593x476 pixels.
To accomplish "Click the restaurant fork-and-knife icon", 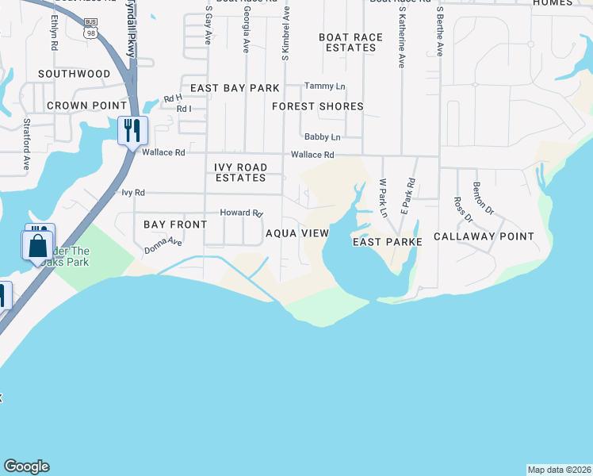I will (132, 130).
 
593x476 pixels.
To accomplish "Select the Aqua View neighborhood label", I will (296, 233).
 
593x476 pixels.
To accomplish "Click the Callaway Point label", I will (484, 236).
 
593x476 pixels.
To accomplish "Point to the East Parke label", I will (384, 242).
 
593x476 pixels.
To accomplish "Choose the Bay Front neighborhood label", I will (175, 225).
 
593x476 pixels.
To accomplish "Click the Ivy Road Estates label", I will (241, 172).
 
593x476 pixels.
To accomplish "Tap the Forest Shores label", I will (318, 106).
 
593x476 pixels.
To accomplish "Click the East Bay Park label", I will (235, 88).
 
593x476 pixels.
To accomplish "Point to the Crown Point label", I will (87, 106).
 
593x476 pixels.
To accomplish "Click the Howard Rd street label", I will (241, 213).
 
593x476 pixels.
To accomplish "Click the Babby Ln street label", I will (322, 136).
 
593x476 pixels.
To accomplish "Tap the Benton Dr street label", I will (483, 198).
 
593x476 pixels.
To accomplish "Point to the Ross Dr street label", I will (462, 210).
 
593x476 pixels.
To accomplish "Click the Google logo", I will (26, 466).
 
